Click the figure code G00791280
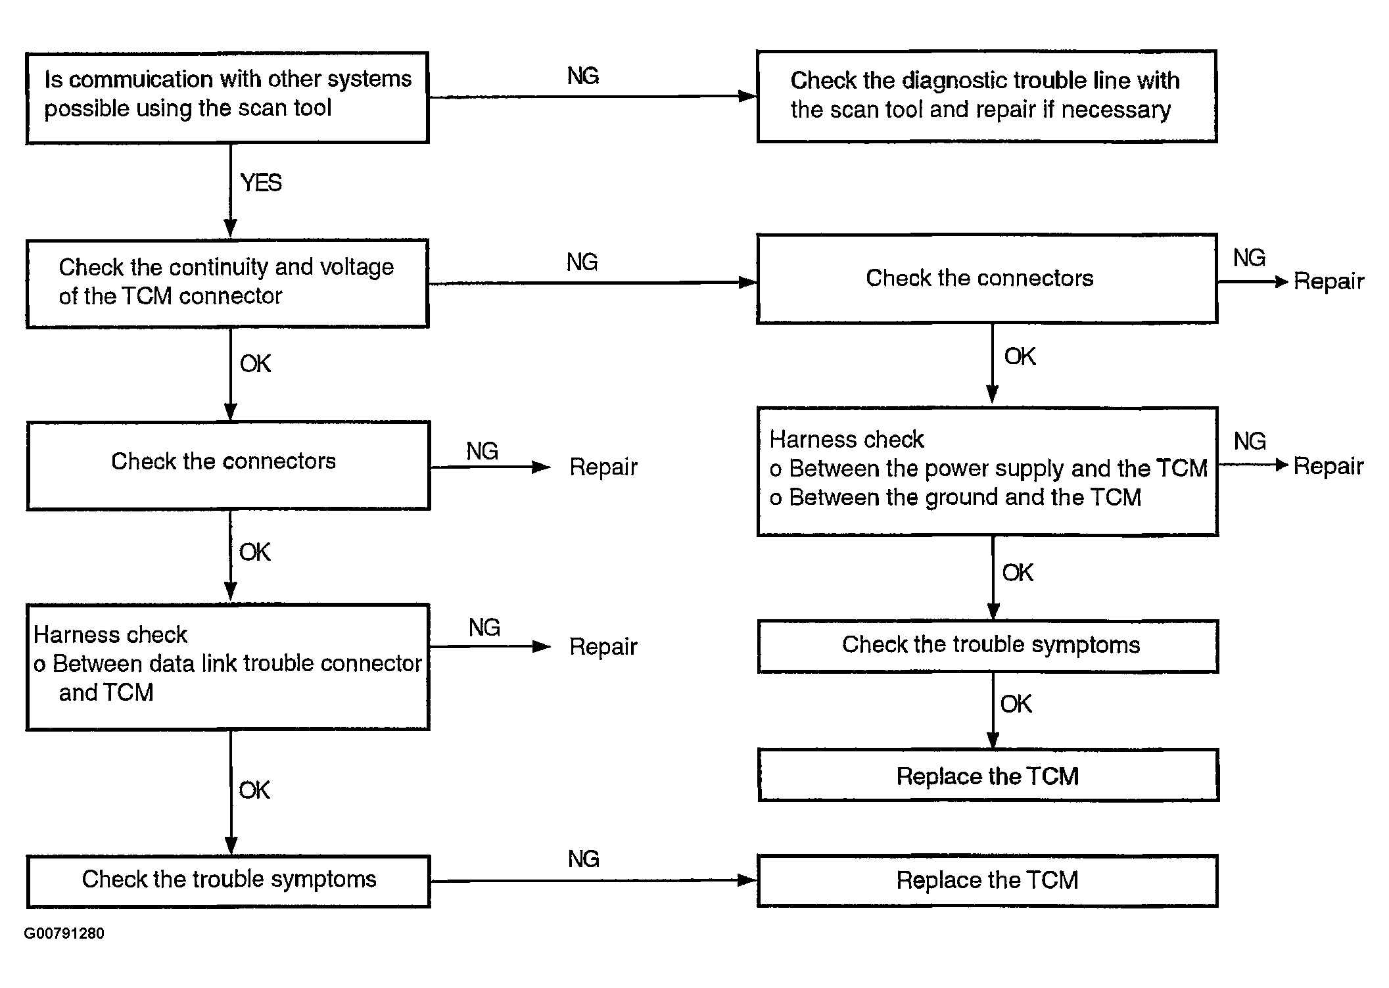click(64, 933)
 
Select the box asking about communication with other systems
click(227, 97)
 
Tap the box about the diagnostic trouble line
click(987, 96)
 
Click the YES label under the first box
click(261, 183)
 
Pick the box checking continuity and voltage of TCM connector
click(227, 283)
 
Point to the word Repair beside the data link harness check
click(603, 647)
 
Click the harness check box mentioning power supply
click(987, 471)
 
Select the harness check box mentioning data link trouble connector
click(227, 667)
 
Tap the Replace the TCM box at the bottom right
click(987, 881)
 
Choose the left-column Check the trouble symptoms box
click(228, 882)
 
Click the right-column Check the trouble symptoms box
click(988, 646)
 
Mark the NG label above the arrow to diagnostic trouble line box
click(583, 76)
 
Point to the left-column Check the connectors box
click(228, 465)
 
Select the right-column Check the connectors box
click(987, 279)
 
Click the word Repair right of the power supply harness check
click(1329, 466)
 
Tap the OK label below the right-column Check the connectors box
click(1020, 356)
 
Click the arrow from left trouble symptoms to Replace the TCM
click(594, 880)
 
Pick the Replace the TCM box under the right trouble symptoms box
click(988, 775)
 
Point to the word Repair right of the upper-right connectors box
click(1329, 281)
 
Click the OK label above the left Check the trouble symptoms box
click(254, 790)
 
